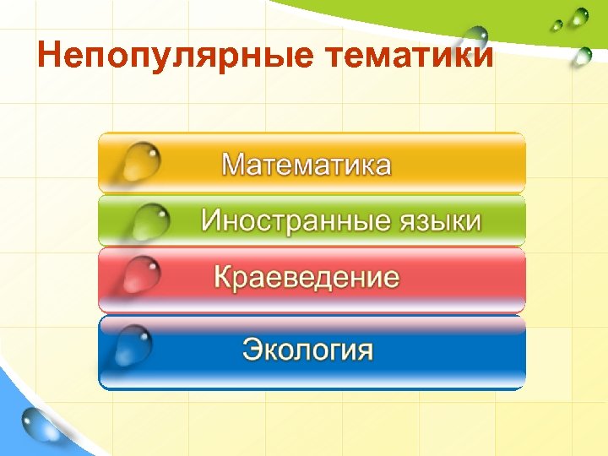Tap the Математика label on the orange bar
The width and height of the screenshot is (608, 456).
(x=307, y=164)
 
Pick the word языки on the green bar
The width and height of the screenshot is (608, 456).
(x=439, y=221)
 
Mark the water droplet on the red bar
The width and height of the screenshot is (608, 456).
(x=139, y=272)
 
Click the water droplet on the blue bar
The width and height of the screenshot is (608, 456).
(x=135, y=342)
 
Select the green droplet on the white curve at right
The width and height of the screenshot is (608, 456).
(x=582, y=57)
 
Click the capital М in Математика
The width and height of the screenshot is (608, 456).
(x=234, y=164)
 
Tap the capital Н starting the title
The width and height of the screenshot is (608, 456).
(x=50, y=57)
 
